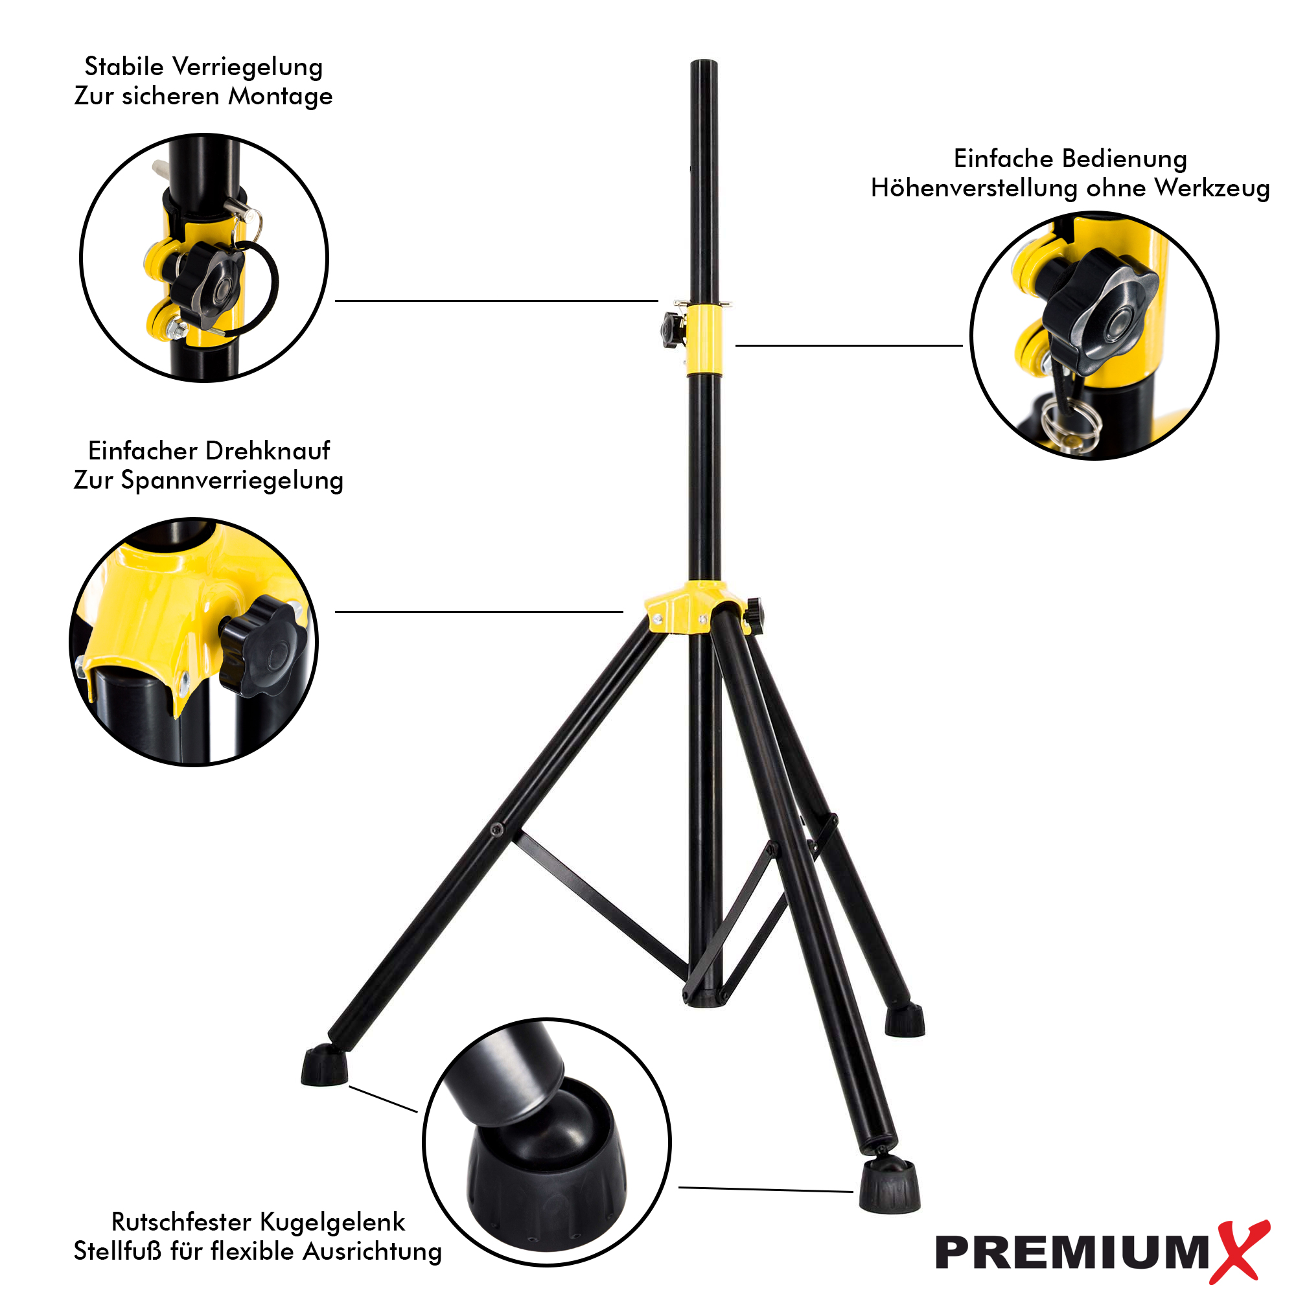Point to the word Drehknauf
271,451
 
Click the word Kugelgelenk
332,1223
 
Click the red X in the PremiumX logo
1243,1252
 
